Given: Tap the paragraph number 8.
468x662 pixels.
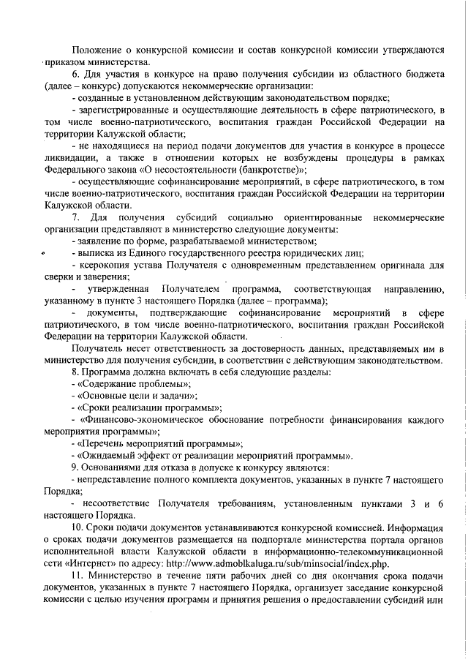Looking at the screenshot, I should [74, 372].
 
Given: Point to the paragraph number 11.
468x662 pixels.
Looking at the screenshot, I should [76, 579].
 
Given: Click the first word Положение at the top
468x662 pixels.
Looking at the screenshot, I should [102, 50].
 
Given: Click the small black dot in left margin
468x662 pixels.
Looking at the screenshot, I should [42, 253].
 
